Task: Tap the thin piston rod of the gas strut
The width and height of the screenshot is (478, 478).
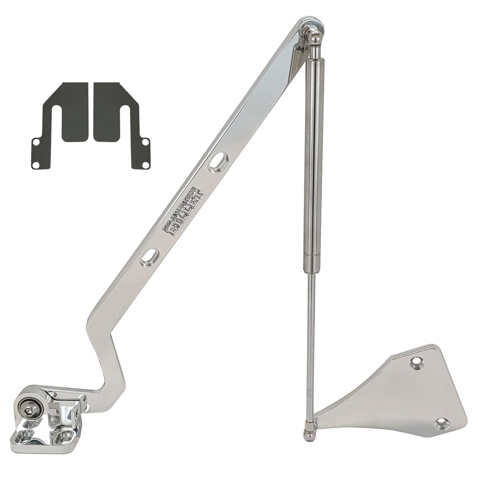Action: pos(311,344)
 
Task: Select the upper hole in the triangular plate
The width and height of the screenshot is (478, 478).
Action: pos(417,362)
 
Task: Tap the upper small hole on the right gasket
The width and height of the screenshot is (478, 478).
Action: pos(145,143)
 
